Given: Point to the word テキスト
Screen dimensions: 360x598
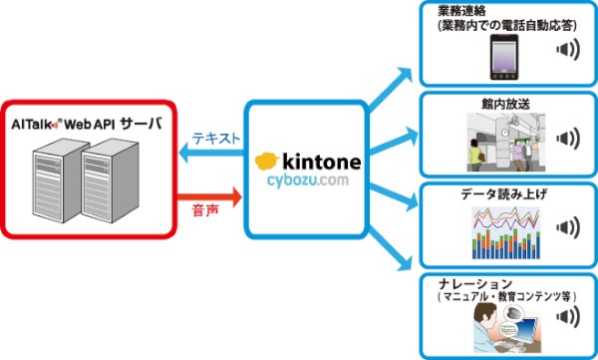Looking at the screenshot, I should pyautogui.click(x=214, y=140).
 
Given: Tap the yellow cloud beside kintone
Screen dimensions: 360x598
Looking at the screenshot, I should pyautogui.click(x=266, y=161).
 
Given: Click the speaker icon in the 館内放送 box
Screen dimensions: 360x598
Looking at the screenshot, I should pyautogui.click(x=566, y=139).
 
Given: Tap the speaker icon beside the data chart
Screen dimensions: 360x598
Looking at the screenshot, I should pyautogui.click(x=566, y=228).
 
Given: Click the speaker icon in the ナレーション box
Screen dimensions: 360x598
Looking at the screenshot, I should pyautogui.click(x=566, y=318).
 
